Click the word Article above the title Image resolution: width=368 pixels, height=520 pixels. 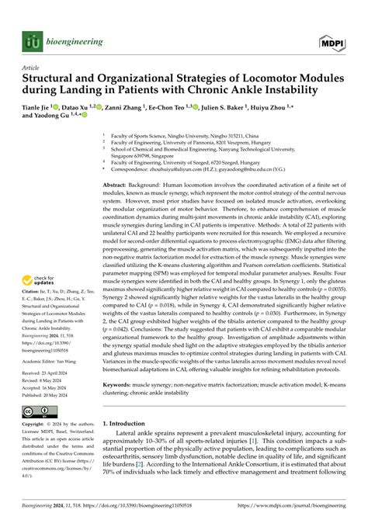[31, 68]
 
